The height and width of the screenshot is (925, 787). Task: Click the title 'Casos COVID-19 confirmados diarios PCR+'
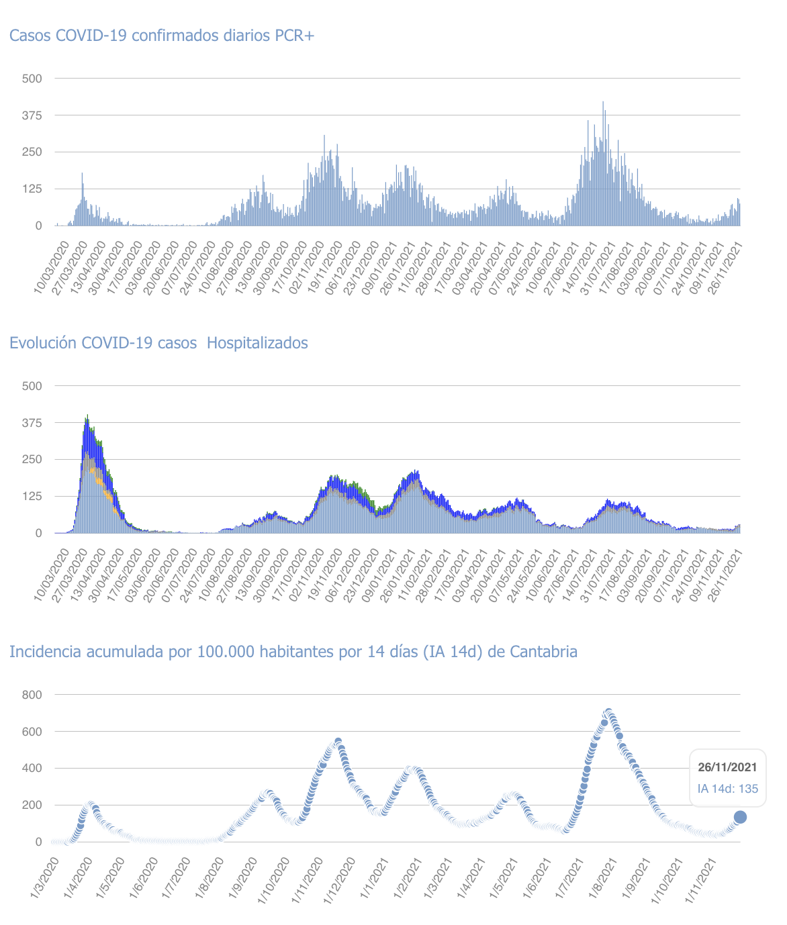[162, 36]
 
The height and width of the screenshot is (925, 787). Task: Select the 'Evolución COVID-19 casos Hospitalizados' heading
[158, 343]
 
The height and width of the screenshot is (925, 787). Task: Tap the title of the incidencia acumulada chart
[293, 652]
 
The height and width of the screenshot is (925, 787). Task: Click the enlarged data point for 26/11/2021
[740, 817]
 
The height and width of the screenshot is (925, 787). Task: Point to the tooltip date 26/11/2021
[727, 767]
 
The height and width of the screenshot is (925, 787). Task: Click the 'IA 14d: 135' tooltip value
[727, 788]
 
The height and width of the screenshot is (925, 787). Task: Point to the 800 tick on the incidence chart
[33, 695]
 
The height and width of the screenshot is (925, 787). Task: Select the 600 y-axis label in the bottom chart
[33, 732]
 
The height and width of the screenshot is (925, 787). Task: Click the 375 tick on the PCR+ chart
[32, 115]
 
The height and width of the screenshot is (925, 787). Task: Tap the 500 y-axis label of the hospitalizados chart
[32, 386]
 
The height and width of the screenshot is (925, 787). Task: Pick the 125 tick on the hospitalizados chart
[32, 497]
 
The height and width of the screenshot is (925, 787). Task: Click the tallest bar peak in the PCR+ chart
[603, 103]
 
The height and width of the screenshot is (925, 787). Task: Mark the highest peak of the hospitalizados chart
[87, 416]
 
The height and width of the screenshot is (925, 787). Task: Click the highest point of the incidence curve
[608, 712]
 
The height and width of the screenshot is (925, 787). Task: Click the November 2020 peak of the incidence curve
[338, 741]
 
